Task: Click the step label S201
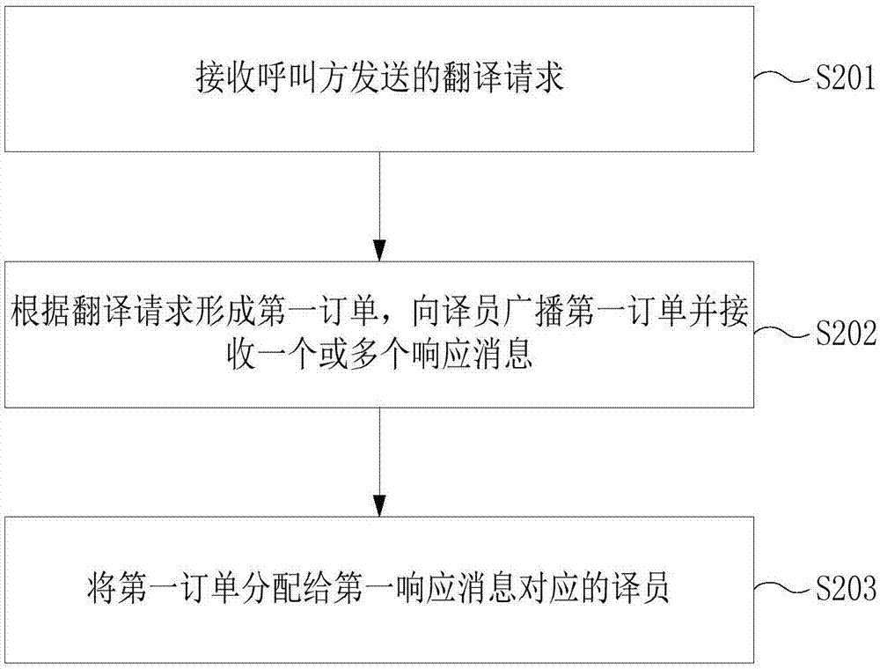[845, 77]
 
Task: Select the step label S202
[845, 334]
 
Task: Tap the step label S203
[845, 588]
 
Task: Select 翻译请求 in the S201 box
[502, 77]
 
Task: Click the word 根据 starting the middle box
[41, 311]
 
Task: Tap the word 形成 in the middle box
[225, 311]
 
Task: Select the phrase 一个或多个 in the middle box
[334, 355]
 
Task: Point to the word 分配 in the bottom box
[272, 588]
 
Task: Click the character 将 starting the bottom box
[103, 588]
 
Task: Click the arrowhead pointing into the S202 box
[380, 250]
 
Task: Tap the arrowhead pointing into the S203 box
[380, 505]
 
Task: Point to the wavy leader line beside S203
[783, 588]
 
